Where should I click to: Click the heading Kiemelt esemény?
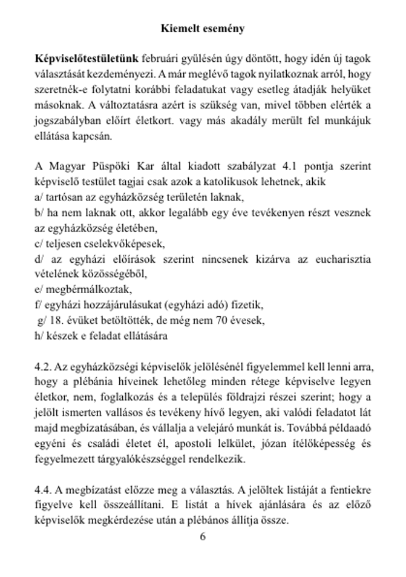(203, 28)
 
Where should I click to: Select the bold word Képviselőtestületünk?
(87, 59)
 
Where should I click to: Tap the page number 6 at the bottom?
(203, 536)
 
